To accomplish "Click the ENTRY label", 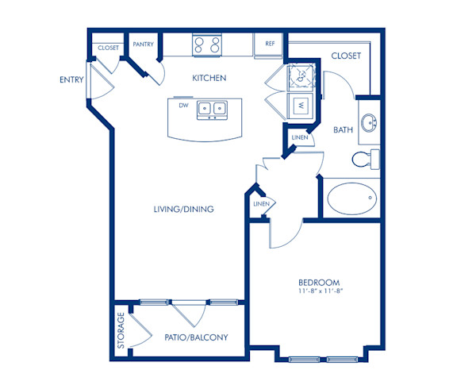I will (x=71, y=79).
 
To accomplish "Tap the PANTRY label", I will (x=143, y=44).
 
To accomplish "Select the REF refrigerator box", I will (x=269, y=45).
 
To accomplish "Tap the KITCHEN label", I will (x=209, y=79).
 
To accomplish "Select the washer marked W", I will (x=301, y=104).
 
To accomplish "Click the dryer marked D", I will (x=301, y=76).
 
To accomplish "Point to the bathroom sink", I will (x=368, y=123).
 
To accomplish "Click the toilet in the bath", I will (x=367, y=159).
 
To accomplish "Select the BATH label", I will (x=343, y=130).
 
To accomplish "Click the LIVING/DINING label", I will (x=184, y=209).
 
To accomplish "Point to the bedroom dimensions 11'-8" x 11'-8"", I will (x=319, y=292).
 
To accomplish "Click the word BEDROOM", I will (x=319, y=283).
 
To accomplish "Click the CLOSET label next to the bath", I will (x=345, y=56).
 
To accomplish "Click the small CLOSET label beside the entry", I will (x=109, y=48).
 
